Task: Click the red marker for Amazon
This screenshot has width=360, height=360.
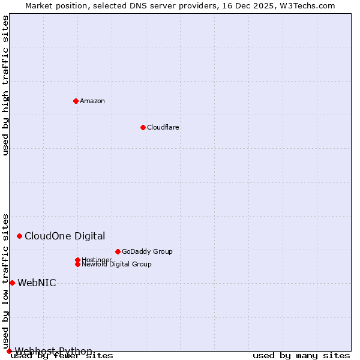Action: (76, 101)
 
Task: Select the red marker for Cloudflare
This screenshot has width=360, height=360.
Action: (143, 127)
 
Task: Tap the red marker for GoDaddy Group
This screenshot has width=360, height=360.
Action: (118, 251)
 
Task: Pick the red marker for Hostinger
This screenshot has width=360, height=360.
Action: (77, 260)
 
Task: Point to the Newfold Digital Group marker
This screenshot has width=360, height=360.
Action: (77, 264)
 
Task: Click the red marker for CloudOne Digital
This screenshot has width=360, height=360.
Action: (19, 236)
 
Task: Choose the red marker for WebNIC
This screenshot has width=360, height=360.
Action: (12, 283)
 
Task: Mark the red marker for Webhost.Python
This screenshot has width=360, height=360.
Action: (9, 351)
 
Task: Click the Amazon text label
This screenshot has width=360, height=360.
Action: (92, 101)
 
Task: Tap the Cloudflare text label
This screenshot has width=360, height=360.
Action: (163, 127)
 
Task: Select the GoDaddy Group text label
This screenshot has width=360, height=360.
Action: (147, 251)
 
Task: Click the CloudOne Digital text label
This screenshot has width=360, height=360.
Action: (65, 236)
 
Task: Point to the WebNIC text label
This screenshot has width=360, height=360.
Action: (37, 283)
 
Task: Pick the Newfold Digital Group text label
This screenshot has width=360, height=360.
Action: (116, 264)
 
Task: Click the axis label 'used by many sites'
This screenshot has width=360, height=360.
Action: (301, 355)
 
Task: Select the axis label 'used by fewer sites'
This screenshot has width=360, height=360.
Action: (62, 355)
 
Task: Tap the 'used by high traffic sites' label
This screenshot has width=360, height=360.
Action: (5, 85)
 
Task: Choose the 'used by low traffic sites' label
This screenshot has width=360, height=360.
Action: (5, 281)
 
